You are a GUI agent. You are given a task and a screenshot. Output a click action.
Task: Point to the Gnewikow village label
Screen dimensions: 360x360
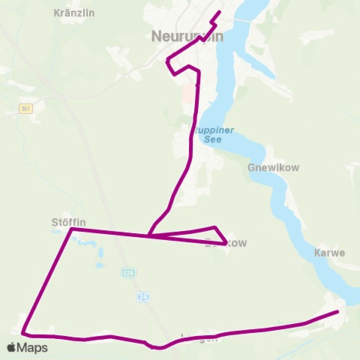pos(273,167)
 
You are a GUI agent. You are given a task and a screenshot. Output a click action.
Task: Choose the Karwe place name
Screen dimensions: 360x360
pos(330,253)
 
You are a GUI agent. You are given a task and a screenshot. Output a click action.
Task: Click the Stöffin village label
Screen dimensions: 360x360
pos(68,221)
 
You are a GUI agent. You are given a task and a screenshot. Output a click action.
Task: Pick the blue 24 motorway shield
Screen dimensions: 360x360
pos(143,297)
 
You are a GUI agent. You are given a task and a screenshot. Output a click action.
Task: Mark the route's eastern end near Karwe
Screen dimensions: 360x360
pos(337,311)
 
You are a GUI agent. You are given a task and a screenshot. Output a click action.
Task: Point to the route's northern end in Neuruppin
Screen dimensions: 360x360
pos(219,12)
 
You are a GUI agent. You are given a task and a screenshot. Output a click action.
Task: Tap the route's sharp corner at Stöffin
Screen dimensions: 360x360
pos(71,229)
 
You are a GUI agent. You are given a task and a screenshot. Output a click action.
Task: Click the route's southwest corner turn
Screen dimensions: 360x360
pos(23,332)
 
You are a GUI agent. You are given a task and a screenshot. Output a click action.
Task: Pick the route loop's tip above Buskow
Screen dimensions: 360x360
pos(216,227)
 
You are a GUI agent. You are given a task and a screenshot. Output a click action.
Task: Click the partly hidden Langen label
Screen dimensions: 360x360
pos(199,337)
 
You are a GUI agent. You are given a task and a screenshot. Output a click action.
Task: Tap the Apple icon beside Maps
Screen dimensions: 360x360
pos(12,347)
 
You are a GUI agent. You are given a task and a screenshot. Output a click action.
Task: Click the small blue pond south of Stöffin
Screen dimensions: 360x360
pos(97,265)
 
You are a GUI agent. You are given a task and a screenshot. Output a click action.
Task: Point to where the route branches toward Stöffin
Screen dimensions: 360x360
pos(149,236)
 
